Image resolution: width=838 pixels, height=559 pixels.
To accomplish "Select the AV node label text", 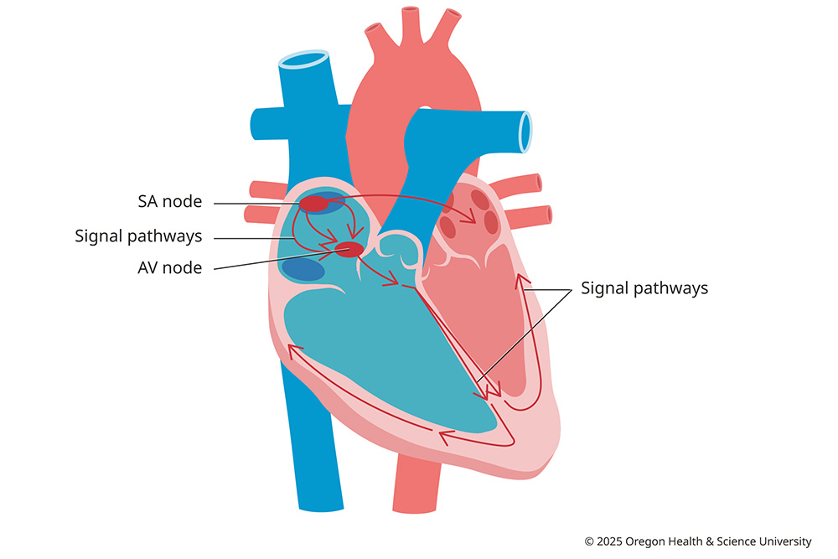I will click(x=170, y=269).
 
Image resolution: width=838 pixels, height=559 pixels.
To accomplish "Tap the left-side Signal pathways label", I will click(x=138, y=236).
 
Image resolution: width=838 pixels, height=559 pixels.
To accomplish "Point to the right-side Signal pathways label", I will click(x=644, y=288).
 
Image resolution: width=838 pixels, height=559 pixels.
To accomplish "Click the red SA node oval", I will click(x=314, y=204).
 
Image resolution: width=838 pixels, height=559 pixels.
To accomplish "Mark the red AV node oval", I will click(x=349, y=249).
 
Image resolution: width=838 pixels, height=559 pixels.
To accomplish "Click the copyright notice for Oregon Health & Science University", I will click(x=698, y=541).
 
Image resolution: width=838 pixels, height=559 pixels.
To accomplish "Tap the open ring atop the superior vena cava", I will click(x=303, y=60).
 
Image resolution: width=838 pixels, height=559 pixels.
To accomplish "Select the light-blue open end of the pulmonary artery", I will click(x=525, y=132).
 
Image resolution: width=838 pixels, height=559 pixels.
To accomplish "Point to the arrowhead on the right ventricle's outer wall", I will click(x=292, y=349).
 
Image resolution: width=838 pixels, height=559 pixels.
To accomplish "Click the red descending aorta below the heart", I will click(x=416, y=490).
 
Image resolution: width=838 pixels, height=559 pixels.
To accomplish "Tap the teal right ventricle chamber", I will click(x=377, y=352).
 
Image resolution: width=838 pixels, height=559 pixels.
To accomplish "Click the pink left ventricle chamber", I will click(x=478, y=318).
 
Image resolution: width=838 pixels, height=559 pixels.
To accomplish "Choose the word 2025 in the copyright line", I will click(x=612, y=541).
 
